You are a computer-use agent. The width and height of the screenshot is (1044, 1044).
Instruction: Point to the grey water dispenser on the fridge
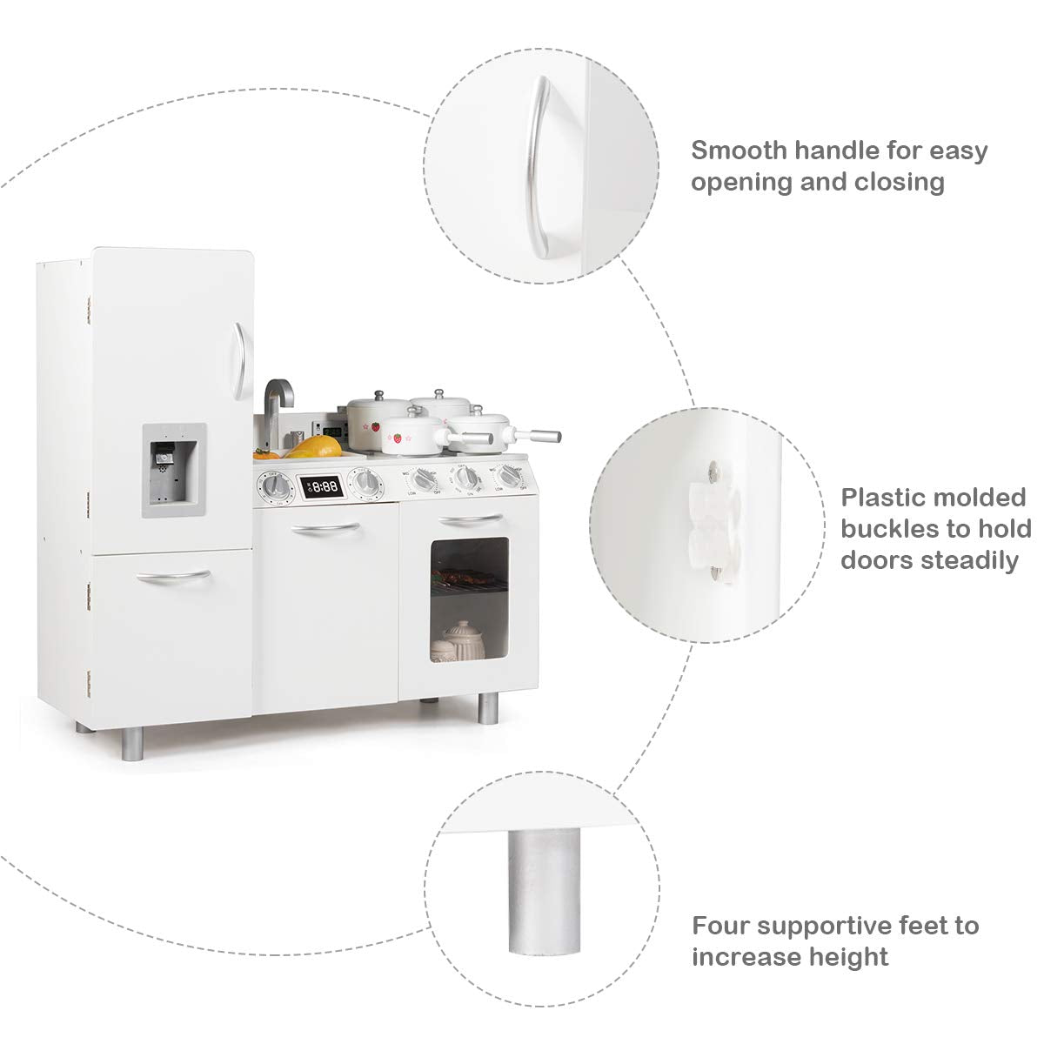tap(174, 471)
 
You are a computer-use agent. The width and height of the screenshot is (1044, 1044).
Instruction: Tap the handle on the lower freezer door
tap(173, 578)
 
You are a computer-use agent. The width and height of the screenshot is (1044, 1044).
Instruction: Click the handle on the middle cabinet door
tap(325, 529)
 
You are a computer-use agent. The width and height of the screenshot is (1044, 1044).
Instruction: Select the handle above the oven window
tap(471, 520)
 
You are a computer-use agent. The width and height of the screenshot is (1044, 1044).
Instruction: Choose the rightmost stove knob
tap(510, 475)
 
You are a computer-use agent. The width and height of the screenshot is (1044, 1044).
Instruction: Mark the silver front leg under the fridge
tap(133, 743)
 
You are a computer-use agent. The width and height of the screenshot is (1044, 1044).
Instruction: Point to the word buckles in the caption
tap(895, 529)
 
